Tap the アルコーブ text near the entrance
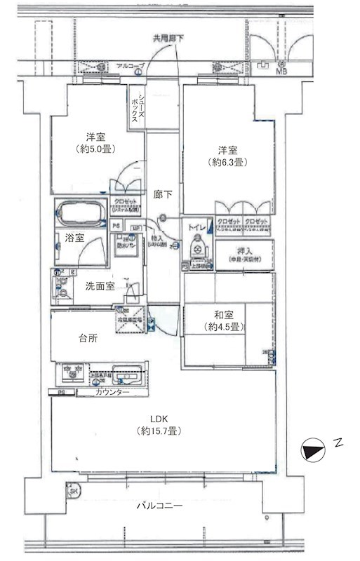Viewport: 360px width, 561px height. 131,66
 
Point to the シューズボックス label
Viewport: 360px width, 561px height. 136,107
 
